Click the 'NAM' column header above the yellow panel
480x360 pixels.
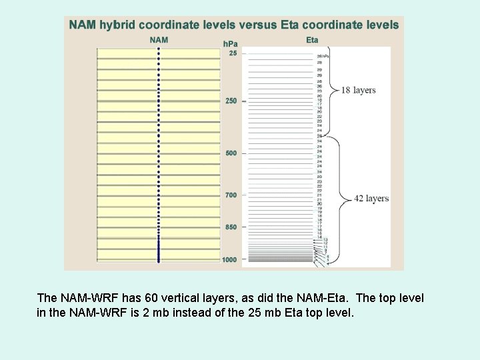tap(159, 40)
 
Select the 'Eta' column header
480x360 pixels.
tap(312, 40)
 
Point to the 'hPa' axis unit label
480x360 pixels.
tap(230, 44)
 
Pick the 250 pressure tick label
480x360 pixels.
tap(231, 101)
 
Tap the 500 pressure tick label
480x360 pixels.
tap(231, 153)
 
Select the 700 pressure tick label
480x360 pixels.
tap(231, 195)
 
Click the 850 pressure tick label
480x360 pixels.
tap(231, 227)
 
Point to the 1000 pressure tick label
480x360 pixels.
tap(230, 259)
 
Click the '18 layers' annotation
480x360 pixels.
tap(359, 90)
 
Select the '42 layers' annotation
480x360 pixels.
tap(372, 199)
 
